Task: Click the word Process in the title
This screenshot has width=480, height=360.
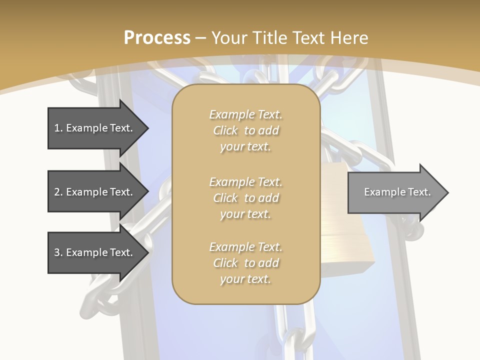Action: pyautogui.click(x=157, y=38)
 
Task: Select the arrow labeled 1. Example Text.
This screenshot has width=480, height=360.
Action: pyautogui.click(x=95, y=128)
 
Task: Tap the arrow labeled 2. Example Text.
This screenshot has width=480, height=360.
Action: pyautogui.click(x=95, y=192)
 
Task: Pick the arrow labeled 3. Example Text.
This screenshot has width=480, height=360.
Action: pyautogui.click(x=95, y=252)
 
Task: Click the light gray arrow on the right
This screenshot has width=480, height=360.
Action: pyautogui.click(x=395, y=192)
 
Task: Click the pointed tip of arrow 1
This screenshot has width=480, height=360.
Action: pyautogui.click(x=146, y=128)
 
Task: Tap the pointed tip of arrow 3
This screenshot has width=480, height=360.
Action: pyautogui.click(x=146, y=252)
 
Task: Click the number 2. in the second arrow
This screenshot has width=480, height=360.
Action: pyautogui.click(x=58, y=192)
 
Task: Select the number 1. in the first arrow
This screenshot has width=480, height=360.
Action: pyautogui.click(x=58, y=128)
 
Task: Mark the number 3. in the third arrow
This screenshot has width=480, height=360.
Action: pyautogui.click(x=58, y=252)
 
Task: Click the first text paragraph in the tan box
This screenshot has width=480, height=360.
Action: pyautogui.click(x=245, y=130)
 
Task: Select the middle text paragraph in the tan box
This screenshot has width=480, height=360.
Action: pyautogui.click(x=245, y=197)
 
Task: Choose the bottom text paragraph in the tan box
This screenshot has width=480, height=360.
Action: pyautogui.click(x=245, y=263)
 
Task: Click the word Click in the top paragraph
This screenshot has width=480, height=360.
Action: pyautogui.click(x=225, y=130)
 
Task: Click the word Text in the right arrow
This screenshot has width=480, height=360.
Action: pyautogui.click(x=419, y=192)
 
